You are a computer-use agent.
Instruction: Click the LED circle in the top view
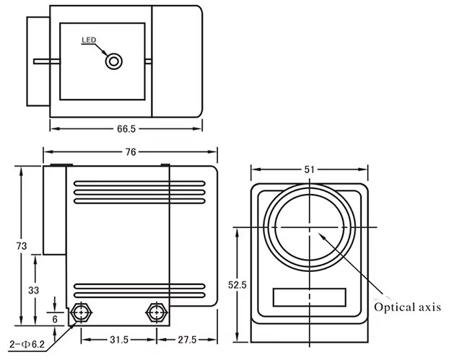[113, 61]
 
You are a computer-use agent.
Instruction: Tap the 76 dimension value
[131, 152]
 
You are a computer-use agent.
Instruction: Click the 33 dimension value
[34, 289]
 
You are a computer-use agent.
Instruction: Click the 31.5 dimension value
[120, 339]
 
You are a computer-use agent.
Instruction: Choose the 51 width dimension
[310, 170]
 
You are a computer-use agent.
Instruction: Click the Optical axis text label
[406, 307]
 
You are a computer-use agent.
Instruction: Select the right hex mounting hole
[155, 313]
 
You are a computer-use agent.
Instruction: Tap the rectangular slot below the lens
[309, 297]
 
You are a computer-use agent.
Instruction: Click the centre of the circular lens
[309, 227]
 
